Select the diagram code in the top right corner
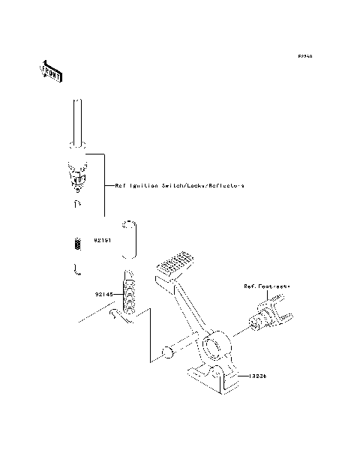[x=304, y=56]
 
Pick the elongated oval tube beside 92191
[x=130, y=239]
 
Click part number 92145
[x=103, y=295]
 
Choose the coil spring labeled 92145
[x=129, y=292]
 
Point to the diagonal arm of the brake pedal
[x=187, y=307]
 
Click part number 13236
[x=257, y=377]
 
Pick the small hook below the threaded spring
[x=76, y=269]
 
